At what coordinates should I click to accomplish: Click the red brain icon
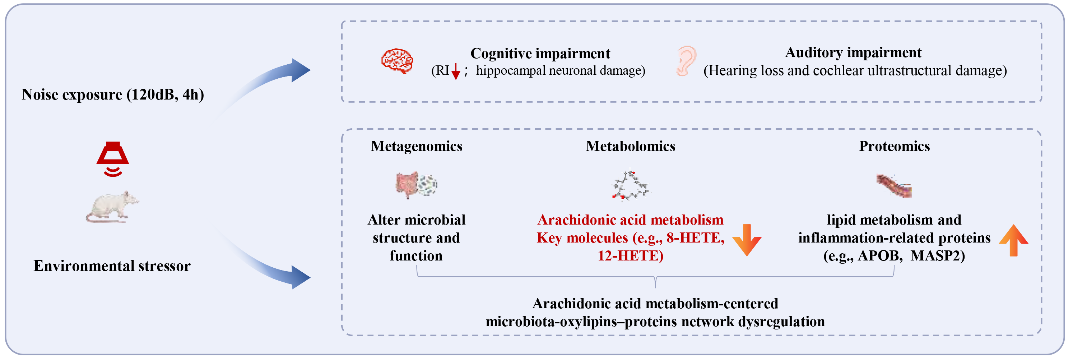pos(397,61)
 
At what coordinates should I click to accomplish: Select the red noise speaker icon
pos(112,159)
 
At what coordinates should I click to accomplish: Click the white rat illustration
pos(112,207)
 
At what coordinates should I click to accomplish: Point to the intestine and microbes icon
pos(416,185)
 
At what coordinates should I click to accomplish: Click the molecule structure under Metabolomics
pos(630,185)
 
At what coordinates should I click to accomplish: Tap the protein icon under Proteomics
pos(894,186)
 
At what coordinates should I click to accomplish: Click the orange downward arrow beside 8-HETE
pos(747,240)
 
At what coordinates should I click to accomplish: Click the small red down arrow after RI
pos(456,71)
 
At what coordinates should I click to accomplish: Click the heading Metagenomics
pos(417,146)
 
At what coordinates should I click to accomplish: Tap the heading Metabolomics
pos(630,146)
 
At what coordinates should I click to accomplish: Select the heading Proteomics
pos(894,146)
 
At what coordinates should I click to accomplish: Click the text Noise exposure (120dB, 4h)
pos(113,94)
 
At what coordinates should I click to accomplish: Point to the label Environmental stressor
pos(112,266)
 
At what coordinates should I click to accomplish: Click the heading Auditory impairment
pos(853,52)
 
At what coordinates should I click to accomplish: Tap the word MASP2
pos(937,255)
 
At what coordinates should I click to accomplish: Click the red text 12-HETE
pos(630,255)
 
